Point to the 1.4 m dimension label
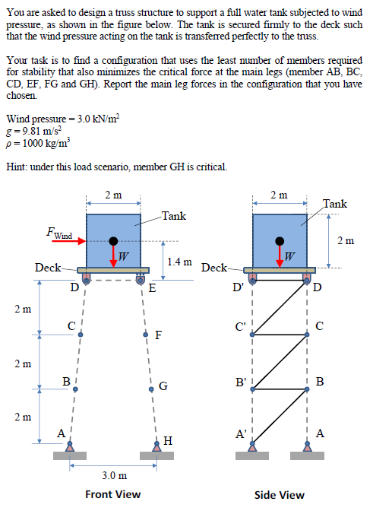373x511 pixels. (x=179, y=262)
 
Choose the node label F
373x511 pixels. (x=157, y=335)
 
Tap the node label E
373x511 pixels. (x=152, y=288)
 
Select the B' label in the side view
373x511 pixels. (x=241, y=381)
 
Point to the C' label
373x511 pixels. (x=241, y=328)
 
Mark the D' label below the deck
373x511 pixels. (x=240, y=287)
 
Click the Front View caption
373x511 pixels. (x=112, y=494)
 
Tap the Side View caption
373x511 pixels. (x=279, y=494)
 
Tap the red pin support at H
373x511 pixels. (x=156, y=449)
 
